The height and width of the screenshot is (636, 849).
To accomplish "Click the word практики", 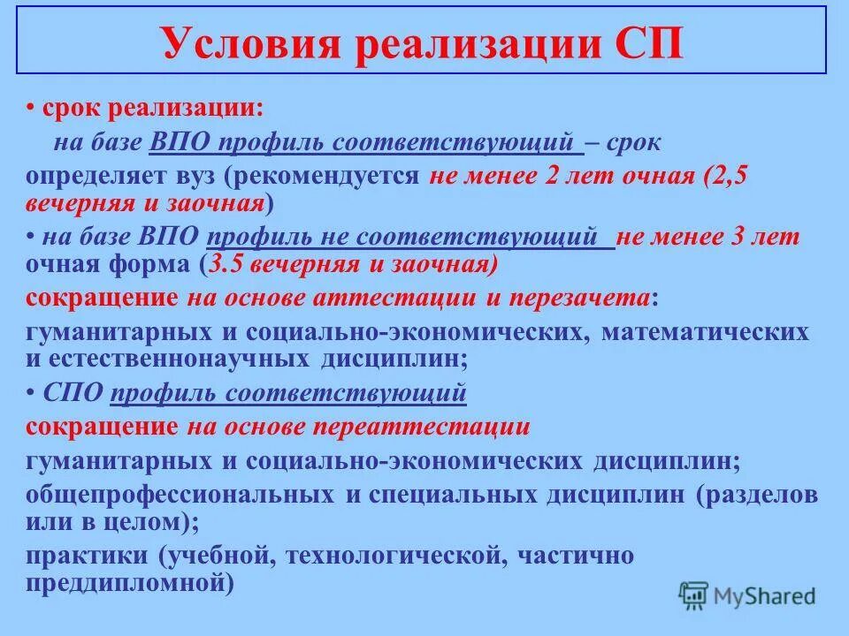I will click(x=86, y=556).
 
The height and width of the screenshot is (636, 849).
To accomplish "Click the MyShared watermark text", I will click(x=764, y=596).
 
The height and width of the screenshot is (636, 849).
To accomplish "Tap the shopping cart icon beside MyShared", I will click(x=692, y=594).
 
